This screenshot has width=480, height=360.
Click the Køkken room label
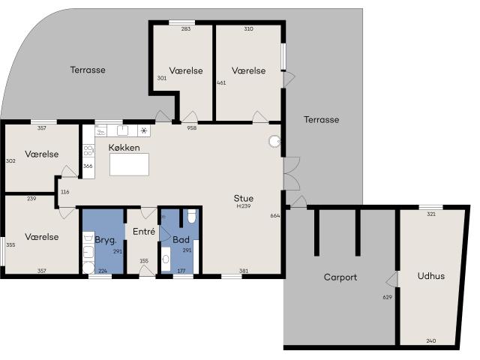point(124,148)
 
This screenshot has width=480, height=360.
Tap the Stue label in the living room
point(243,198)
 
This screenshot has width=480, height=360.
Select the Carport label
point(340,277)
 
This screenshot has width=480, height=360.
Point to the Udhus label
point(431,276)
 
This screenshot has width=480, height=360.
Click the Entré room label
point(144,232)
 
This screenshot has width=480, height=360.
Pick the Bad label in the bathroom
point(181,239)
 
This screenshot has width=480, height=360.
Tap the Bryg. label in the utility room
point(106,240)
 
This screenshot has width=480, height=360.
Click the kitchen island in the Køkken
point(129,165)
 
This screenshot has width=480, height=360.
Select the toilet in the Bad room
point(192,216)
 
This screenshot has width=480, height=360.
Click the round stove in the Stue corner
point(274,141)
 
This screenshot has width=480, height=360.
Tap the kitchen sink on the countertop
point(123,130)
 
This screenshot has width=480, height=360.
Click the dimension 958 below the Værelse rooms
point(192,128)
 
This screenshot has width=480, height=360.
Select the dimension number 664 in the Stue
point(275,216)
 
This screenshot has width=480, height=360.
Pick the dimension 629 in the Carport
point(387,297)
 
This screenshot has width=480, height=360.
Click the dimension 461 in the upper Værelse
point(221,82)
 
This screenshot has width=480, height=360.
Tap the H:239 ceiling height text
point(244,206)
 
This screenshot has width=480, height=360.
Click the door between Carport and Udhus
point(391,279)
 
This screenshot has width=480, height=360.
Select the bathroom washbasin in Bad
point(166,259)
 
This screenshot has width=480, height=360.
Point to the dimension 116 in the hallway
point(65,192)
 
